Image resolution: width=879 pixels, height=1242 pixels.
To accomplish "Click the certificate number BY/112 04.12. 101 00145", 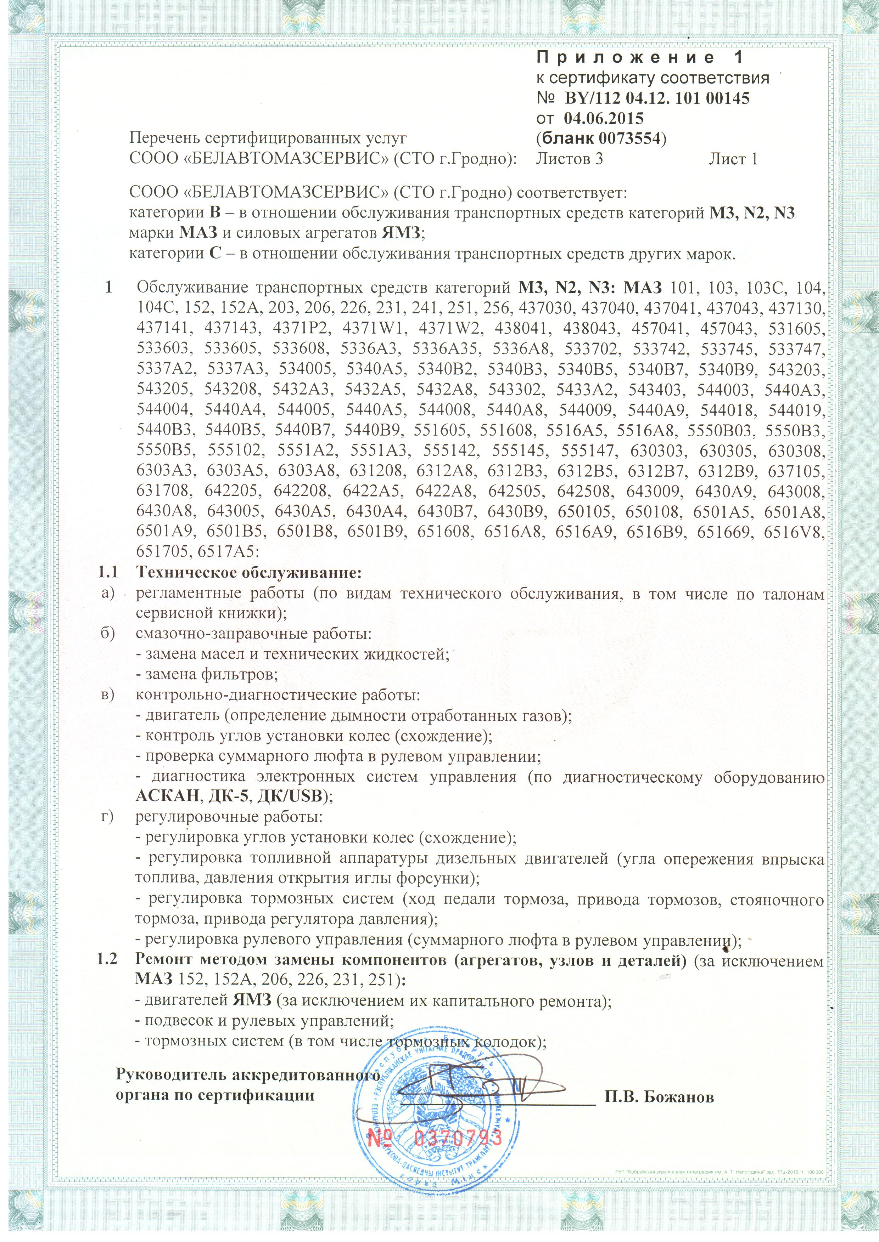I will click(657, 98).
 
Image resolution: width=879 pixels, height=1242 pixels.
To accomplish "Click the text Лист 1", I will click(733, 159).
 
